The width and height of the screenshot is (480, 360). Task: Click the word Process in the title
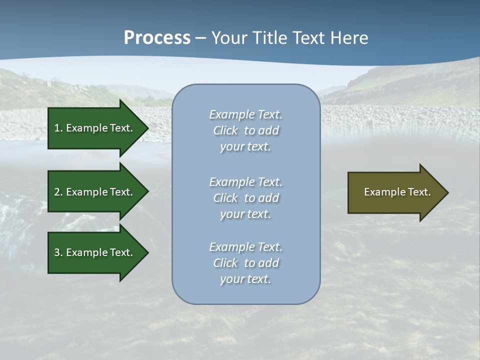coord(157,38)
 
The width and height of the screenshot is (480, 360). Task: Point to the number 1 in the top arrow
coord(57,128)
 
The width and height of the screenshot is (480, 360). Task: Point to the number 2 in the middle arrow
coord(57,192)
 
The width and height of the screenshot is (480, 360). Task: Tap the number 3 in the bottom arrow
coord(57,252)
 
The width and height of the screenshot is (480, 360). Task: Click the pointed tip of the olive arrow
coord(446,192)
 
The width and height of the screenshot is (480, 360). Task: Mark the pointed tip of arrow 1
coord(147,128)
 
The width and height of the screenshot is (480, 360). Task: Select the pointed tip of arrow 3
coord(147,252)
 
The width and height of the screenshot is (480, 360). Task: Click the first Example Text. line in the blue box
coord(245,114)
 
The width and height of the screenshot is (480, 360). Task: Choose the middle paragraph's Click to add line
coord(245,198)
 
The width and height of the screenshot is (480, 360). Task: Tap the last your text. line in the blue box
coord(245,279)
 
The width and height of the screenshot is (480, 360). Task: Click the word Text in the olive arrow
coord(418,192)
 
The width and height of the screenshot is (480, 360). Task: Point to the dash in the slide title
coord(200,38)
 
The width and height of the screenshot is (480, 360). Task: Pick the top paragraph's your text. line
coord(245,147)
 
